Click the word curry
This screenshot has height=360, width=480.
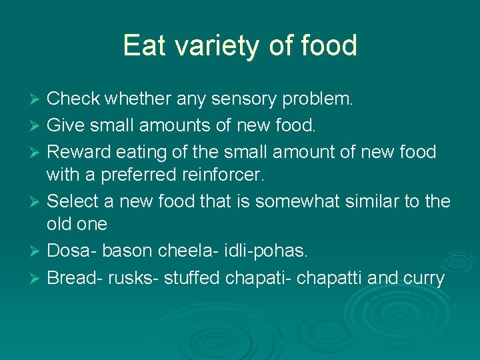point(422,277)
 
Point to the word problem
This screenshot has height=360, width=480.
point(319,99)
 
